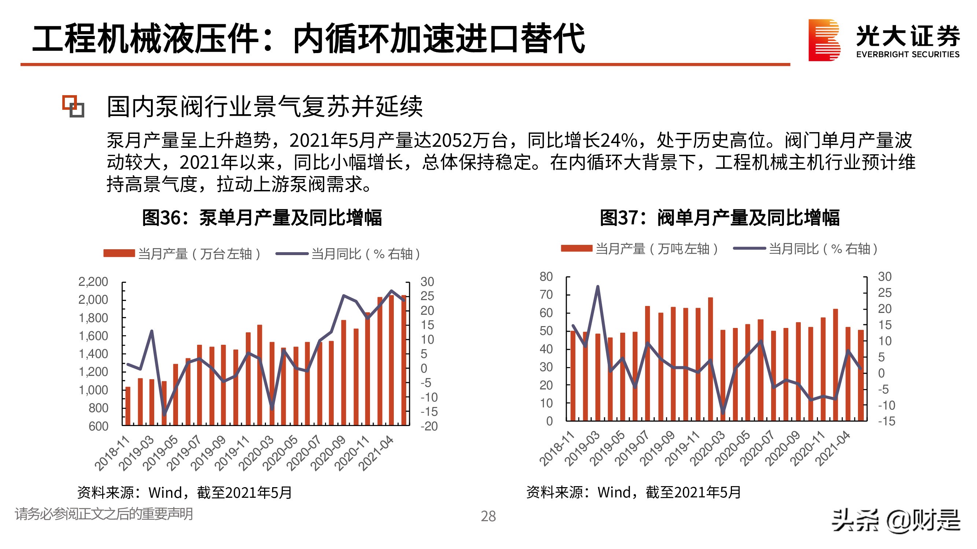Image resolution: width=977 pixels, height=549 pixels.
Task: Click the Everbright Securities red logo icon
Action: [824, 40]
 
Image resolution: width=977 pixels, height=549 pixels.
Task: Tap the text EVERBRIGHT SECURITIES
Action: [908, 54]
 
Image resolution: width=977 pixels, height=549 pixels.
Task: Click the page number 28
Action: [488, 516]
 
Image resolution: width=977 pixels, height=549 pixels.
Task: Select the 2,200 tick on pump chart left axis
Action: [93, 281]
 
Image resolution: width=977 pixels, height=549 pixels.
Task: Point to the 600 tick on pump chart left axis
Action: [98, 426]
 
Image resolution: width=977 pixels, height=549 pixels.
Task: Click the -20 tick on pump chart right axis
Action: [429, 426]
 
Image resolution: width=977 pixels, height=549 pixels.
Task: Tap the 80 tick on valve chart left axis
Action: [546, 277]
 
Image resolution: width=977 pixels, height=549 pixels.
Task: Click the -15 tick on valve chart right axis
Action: [887, 421]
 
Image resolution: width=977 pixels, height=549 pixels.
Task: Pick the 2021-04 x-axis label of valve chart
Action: [833, 448]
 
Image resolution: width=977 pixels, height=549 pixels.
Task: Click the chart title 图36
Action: [262, 218]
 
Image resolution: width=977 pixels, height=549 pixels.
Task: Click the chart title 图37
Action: [719, 218]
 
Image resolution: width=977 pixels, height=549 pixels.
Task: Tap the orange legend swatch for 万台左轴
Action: [119, 254]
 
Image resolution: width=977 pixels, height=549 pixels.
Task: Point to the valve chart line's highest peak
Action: [598, 287]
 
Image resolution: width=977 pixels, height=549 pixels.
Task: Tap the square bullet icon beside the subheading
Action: [73, 106]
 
